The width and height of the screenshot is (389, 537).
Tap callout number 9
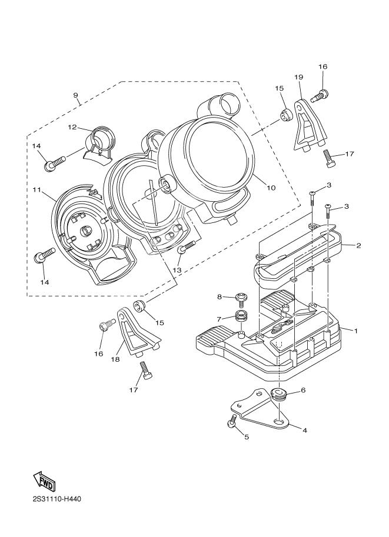[x=76, y=95]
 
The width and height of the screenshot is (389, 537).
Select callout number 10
[x=271, y=188]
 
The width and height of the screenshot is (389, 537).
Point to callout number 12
[x=72, y=127]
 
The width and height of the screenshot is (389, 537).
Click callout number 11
[x=36, y=189]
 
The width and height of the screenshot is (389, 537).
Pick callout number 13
[x=177, y=269]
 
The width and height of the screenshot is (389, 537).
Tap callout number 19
[x=298, y=77]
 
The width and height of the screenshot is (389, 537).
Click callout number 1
[x=355, y=331]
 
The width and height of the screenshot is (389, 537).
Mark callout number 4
[x=304, y=430]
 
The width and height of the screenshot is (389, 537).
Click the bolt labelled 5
[x=233, y=421]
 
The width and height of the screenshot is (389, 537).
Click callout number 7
[x=219, y=319]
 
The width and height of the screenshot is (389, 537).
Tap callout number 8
[x=219, y=296]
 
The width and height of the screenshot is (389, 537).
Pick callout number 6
[x=303, y=390]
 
